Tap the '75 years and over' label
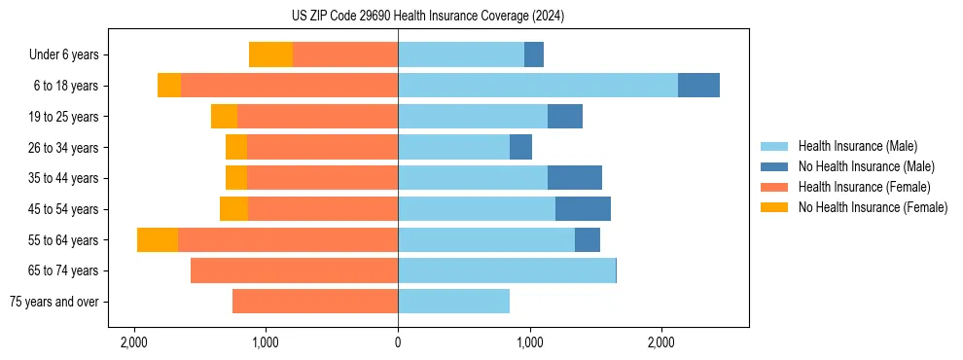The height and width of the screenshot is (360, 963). [54, 302]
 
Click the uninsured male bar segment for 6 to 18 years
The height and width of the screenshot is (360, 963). [698, 86]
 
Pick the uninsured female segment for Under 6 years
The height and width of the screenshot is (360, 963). [270, 54]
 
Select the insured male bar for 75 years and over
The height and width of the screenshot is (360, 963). [453, 302]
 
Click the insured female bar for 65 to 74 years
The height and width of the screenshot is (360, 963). [294, 270]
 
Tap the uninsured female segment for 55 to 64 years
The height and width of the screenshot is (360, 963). [158, 240]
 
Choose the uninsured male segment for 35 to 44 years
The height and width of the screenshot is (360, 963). [574, 178]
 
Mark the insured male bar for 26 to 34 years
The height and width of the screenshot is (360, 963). [453, 147]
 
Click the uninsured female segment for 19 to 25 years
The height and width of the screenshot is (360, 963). [224, 117]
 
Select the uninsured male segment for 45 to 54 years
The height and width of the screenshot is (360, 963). [583, 209]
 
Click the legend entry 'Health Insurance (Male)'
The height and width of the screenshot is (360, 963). [857, 146]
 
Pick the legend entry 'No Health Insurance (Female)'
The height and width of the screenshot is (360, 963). [873, 207]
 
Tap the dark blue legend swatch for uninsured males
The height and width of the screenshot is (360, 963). [774, 166]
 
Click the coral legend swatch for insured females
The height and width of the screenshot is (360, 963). [774, 187]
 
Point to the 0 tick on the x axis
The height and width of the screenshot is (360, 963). [398, 342]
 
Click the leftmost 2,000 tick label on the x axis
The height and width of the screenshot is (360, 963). [133, 342]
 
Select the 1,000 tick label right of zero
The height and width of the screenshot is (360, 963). [529, 342]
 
